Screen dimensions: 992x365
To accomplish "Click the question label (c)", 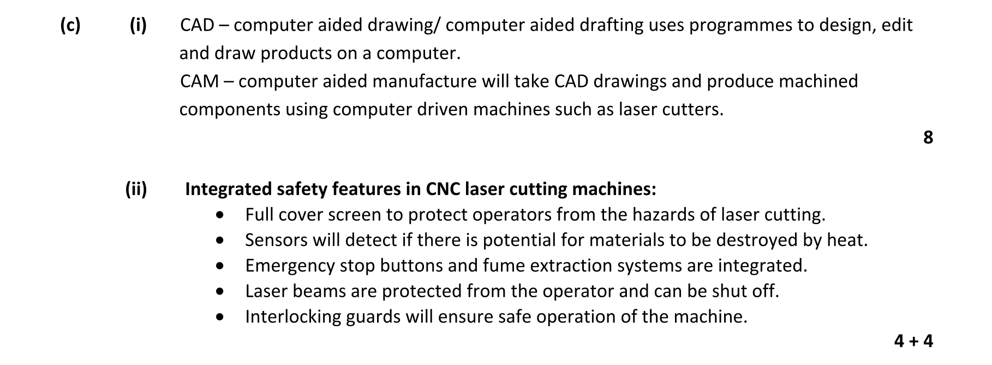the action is coord(70,25).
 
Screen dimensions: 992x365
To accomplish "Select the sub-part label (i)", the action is coord(138,25).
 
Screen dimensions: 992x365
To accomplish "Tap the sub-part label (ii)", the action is coord(136,189).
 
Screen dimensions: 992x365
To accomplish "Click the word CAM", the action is coord(199,81).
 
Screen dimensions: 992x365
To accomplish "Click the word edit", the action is coord(897,25).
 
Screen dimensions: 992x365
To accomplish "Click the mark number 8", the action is coord(928,137).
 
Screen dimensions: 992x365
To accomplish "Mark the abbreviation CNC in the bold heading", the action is coord(443,189).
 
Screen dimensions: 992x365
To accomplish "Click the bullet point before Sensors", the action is coord(220,240).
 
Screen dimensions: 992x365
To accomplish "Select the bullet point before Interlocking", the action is coord(220,316).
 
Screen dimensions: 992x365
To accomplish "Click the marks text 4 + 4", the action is coord(913,342).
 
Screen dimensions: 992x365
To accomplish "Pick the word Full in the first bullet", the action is coord(258,214).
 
